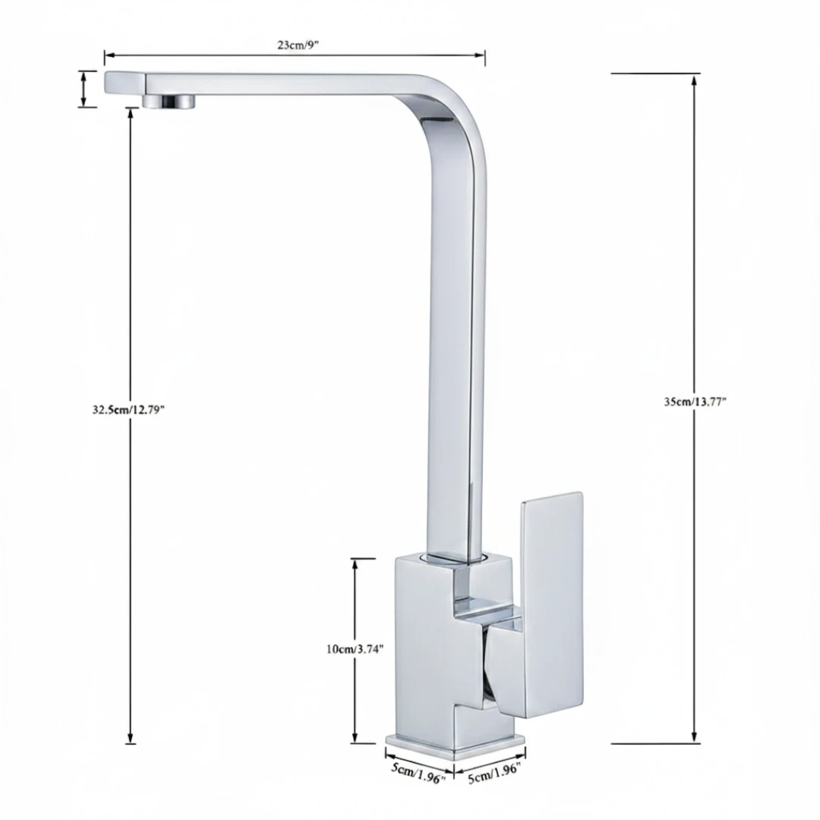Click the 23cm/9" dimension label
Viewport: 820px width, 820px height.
pyautogui.click(x=298, y=45)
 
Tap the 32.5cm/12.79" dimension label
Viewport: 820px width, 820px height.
pyautogui.click(x=128, y=409)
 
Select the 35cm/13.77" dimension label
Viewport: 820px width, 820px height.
pyautogui.click(x=695, y=402)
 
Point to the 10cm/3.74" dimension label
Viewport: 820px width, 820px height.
pyautogui.click(x=355, y=649)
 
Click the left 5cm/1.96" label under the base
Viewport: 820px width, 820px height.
pyautogui.click(x=418, y=773)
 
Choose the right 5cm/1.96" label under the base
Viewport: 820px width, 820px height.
pyautogui.click(x=495, y=773)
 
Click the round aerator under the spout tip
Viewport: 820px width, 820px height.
pyautogui.click(x=169, y=102)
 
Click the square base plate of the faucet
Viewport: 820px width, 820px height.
pyautogui.click(x=455, y=746)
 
